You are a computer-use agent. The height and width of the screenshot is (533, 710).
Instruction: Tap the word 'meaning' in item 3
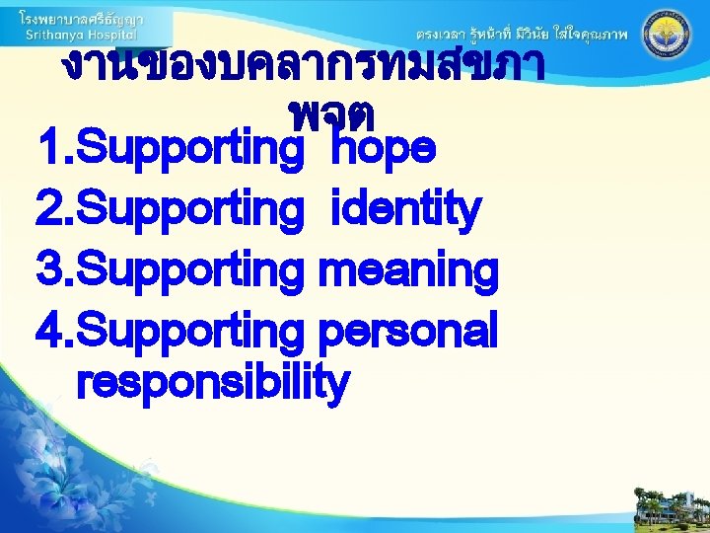point(409,269)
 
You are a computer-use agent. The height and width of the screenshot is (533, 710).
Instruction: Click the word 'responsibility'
point(212,382)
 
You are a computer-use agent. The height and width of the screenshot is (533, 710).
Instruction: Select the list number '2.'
point(54,209)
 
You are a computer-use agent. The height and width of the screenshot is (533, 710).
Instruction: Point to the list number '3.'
point(54,268)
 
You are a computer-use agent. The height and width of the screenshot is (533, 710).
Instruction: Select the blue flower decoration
point(59,464)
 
